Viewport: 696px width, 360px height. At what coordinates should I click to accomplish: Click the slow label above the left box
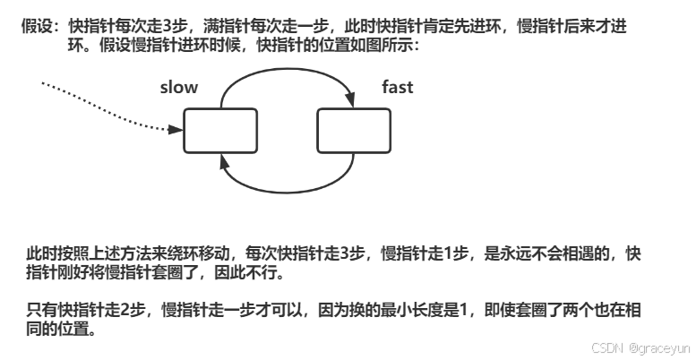pos(178,87)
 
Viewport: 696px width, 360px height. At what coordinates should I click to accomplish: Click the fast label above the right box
pos(398,87)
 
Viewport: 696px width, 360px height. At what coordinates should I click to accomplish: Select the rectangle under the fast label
pos(354,130)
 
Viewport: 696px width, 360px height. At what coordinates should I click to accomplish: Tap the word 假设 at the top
pos(35,28)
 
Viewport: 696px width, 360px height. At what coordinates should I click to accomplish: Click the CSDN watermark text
pos(606,347)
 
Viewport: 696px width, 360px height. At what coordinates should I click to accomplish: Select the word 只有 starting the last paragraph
pos(39,310)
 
